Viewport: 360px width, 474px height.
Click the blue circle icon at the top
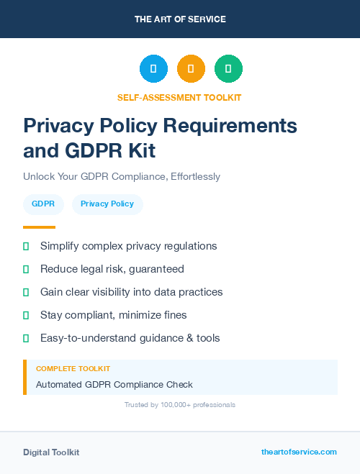coord(153,68)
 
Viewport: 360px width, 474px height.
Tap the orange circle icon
coord(191,68)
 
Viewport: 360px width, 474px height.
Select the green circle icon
coord(228,68)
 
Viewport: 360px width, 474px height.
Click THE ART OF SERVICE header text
coord(180,19)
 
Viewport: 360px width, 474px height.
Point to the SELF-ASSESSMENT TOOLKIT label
coord(179,97)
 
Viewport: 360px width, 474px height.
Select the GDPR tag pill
coord(43,204)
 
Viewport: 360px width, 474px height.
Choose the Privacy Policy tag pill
coord(107,204)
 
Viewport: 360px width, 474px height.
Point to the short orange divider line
coord(40,227)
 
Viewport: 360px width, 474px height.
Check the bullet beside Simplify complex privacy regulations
coord(26,246)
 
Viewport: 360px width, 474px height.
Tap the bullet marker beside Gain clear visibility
coord(26,292)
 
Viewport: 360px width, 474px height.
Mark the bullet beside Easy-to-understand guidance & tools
coord(26,338)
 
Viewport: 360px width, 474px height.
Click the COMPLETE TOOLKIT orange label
coord(73,368)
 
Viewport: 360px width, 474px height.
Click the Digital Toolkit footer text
coord(51,452)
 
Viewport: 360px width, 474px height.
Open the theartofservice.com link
coord(299,452)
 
